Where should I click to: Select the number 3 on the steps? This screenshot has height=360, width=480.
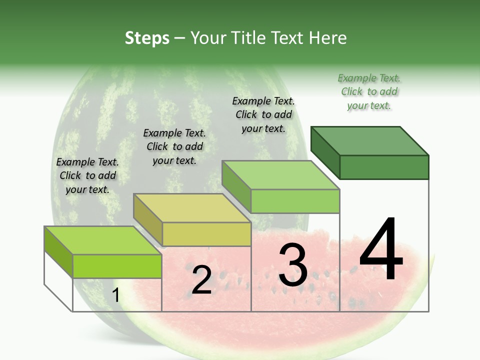(292, 265)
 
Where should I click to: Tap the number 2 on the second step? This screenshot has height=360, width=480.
(201, 280)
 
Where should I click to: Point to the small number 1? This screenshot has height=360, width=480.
(115, 295)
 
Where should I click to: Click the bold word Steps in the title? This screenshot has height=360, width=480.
(147, 38)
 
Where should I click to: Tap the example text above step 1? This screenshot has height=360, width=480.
(87, 175)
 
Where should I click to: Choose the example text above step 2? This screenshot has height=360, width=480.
(174, 146)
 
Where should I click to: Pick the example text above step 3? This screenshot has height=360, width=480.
(263, 114)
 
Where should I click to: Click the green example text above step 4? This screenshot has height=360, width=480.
(369, 91)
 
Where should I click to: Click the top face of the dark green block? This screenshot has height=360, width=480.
(370, 140)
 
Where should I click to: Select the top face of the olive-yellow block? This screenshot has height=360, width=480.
(192, 207)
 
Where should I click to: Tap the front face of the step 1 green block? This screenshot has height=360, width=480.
(117, 266)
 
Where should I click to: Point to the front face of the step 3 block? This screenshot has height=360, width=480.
(295, 201)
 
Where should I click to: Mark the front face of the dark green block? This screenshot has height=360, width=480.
(384, 167)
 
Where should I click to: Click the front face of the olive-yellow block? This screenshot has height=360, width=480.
(206, 234)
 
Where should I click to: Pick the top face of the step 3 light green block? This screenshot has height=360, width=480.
(281, 175)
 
